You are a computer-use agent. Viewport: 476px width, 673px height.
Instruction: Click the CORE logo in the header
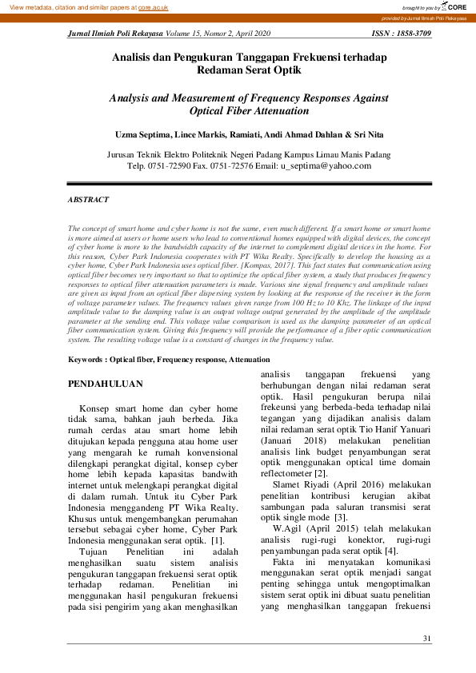coord(452,6)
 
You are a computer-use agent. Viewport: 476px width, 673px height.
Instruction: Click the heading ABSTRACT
coord(88,199)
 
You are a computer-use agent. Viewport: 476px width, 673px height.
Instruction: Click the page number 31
coord(426,638)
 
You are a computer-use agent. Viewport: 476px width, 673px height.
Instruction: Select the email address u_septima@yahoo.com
coord(326,166)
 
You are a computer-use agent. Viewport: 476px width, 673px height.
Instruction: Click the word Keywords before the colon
coord(85,360)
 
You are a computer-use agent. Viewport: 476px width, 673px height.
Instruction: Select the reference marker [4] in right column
coord(390,551)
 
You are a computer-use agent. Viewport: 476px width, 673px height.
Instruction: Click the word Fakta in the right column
coord(287,563)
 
